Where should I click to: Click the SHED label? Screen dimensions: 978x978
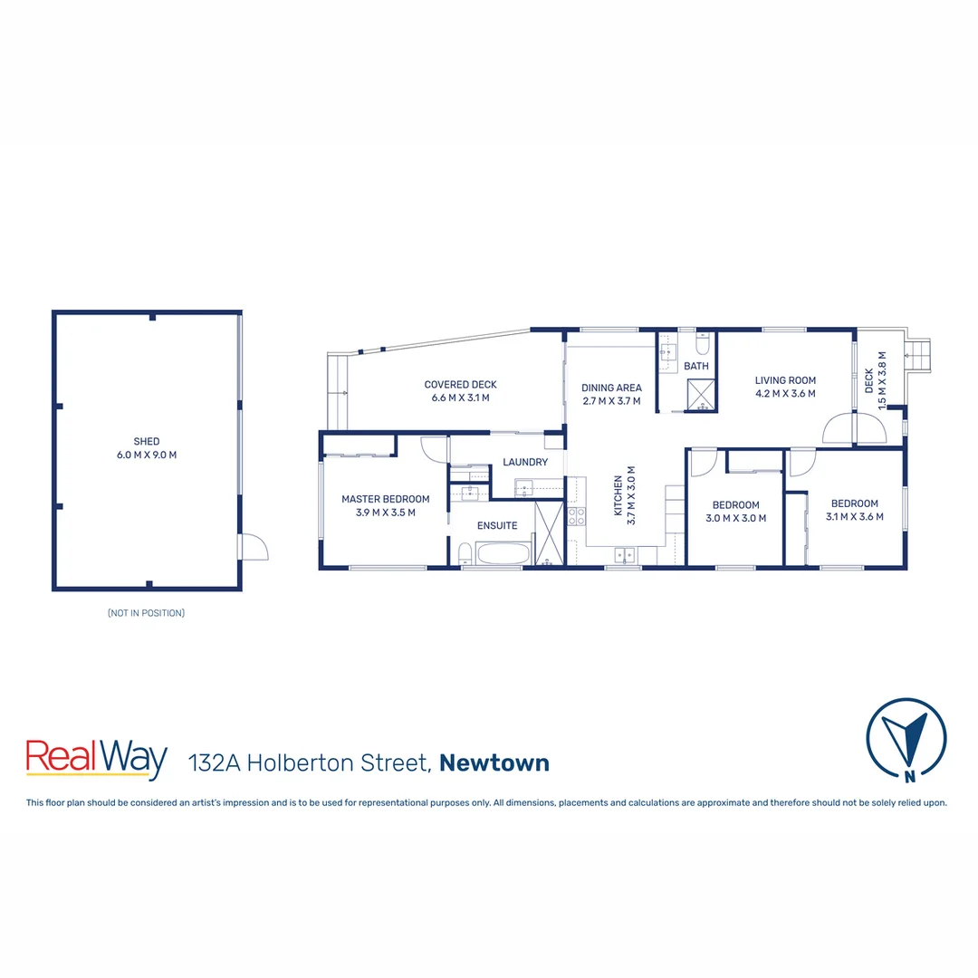tap(146, 442)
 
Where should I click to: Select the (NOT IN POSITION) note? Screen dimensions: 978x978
tap(146, 613)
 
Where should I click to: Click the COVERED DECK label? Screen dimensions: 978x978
tap(460, 385)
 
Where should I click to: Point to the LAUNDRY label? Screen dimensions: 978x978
tap(525, 462)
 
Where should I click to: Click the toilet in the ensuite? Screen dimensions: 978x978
tap(464, 553)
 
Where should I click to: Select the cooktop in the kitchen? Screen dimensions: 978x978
tap(576, 516)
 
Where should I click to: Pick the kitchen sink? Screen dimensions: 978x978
tap(624, 554)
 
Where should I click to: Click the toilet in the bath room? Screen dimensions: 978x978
tap(703, 345)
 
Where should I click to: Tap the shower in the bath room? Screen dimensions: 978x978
tap(701, 394)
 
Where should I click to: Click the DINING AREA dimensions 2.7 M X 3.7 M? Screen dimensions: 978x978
tap(611, 400)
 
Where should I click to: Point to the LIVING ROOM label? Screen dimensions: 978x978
tap(785, 380)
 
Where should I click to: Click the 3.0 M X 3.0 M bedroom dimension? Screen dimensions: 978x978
tap(735, 518)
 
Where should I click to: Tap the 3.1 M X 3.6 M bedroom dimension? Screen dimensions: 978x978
tap(854, 516)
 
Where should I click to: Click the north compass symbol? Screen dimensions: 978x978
tap(906, 737)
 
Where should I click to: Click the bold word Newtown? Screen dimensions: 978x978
tap(494, 762)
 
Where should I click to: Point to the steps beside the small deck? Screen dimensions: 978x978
tap(920, 354)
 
